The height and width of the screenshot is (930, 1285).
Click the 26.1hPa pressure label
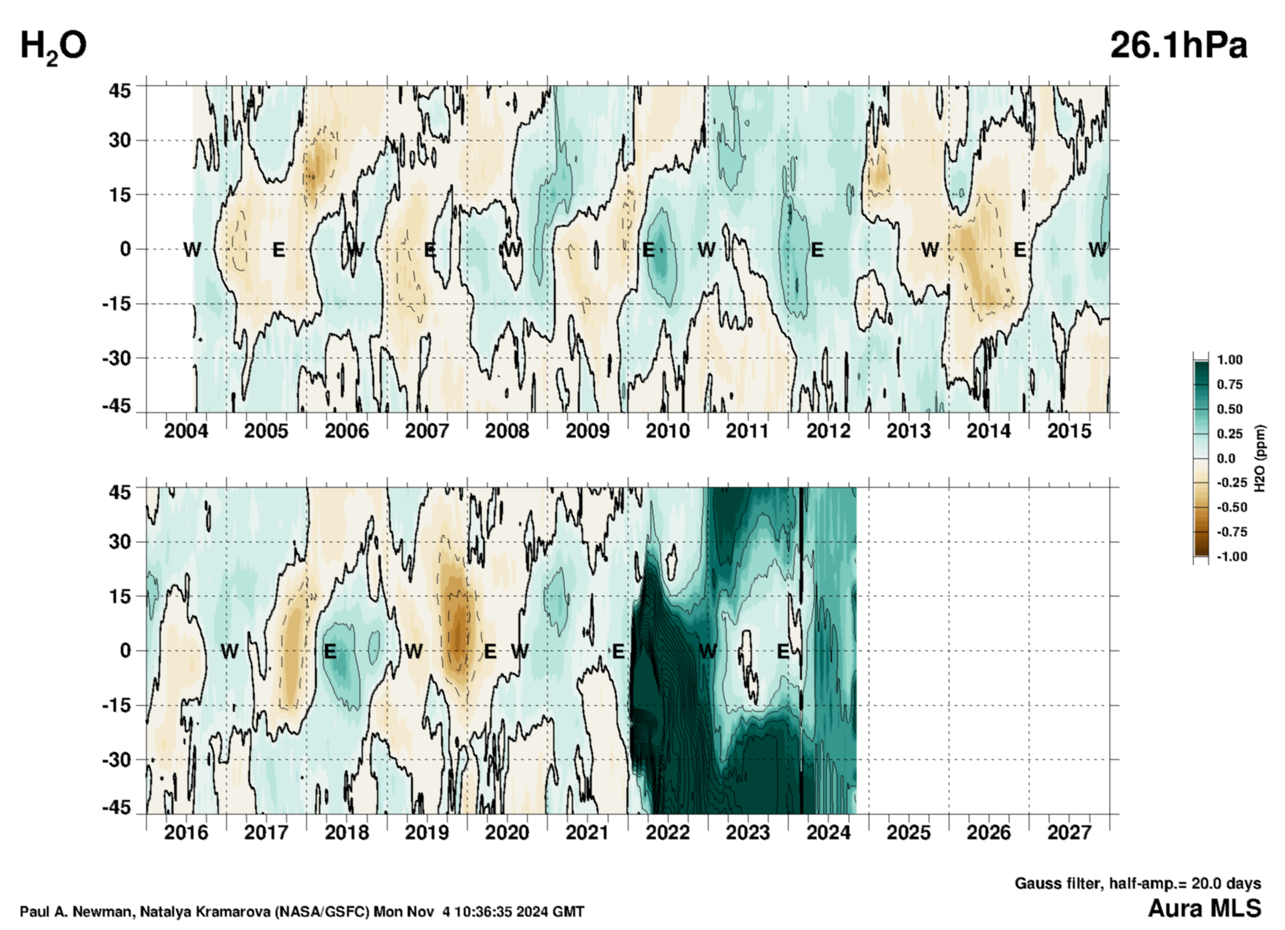[x=1178, y=45]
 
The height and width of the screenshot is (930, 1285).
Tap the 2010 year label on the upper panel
[x=667, y=431]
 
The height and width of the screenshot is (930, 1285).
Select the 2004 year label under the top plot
[x=185, y=431]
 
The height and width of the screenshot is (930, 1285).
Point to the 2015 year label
[x=1069, y=431]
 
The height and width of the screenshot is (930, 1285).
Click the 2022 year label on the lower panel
[x=667, y=833]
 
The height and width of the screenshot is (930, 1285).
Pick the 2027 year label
[x=1069, y=833]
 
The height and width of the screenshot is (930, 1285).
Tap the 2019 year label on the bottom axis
[x=427, y=833]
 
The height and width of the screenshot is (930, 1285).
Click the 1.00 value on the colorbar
[x=1230, y=360]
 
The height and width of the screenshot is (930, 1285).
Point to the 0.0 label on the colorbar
[x=1226, y=458]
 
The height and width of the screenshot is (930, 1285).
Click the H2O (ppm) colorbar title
[x=1260, y=458]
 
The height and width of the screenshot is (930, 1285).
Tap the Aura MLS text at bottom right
[x=1204, y=908]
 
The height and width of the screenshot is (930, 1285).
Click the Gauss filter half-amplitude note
[x=1138, y=883]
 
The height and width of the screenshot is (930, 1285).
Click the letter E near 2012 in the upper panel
[x=817, y=250]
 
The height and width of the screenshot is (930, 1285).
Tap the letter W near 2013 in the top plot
[x=929, y=250]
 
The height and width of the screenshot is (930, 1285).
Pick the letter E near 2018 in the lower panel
[x=330, y=651]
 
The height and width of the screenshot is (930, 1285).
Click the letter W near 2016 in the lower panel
[x=229, y=651]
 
